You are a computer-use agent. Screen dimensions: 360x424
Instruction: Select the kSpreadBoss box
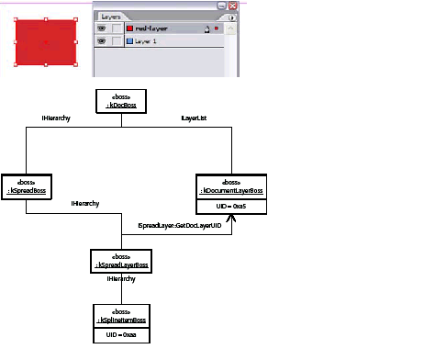click(x=26, y=187)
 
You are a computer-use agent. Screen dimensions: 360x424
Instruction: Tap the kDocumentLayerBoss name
click(x=232, y=189)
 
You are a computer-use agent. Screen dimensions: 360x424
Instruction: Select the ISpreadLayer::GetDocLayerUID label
click(x=182, y=225)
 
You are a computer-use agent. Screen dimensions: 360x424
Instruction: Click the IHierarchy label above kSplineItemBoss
click(x=120, y=277)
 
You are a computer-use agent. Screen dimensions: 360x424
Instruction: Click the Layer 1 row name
click(x=151, y=41)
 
